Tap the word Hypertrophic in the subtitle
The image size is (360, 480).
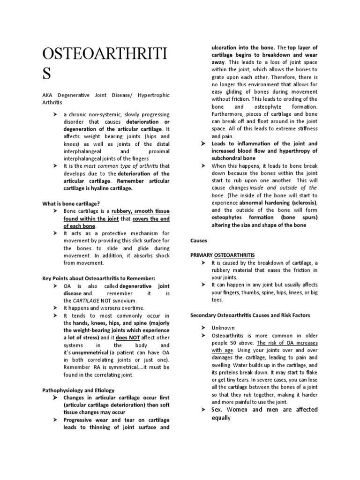[x=153, y=95]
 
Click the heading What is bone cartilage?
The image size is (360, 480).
[x=71, y=204]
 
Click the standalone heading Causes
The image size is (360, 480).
[x=199, y=240]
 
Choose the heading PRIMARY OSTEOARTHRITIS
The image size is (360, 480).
[x=223, y=255]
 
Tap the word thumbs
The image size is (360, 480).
[x=249, y=292]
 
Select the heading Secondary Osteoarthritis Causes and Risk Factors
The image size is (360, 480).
[x=250, y=315]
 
